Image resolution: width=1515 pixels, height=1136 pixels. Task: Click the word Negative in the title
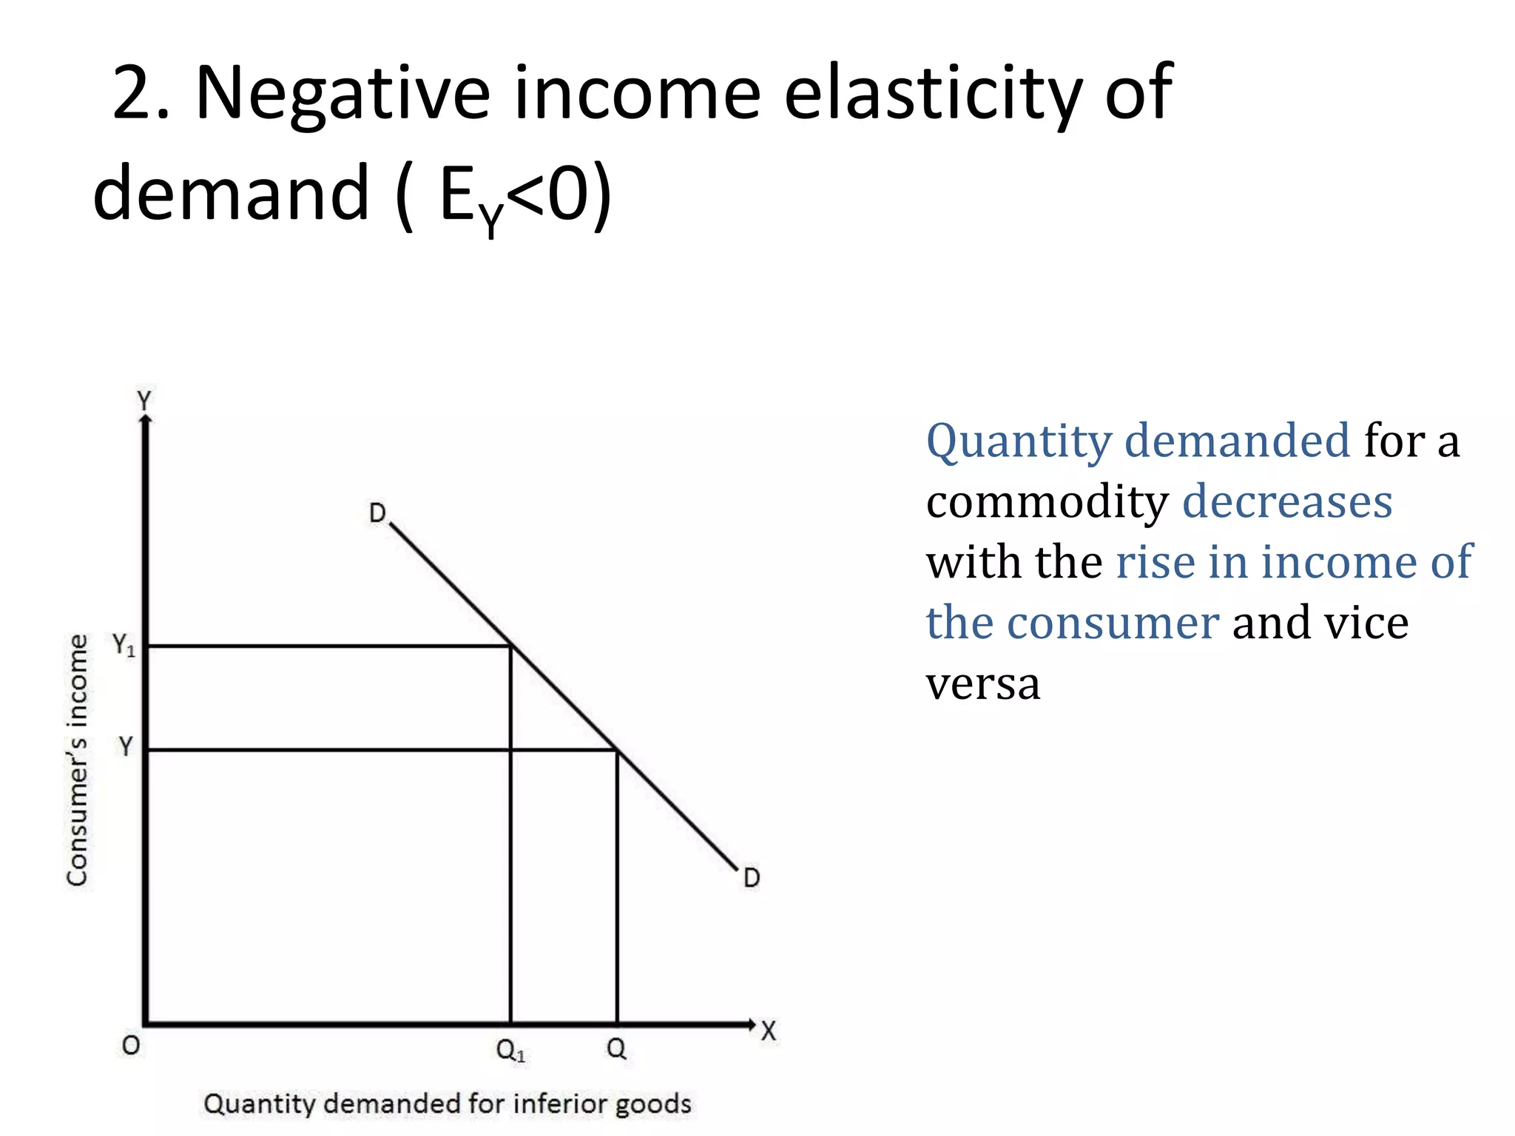(x=343, y=94)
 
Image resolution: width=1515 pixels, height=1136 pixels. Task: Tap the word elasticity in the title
(x=933, y=94)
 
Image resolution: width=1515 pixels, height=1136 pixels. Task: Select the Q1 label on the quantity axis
(x=510, y=1049)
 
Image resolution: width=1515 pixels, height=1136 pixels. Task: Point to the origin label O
(x=131, y=1045)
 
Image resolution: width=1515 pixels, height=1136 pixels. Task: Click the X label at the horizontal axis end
(x=769, y=1031)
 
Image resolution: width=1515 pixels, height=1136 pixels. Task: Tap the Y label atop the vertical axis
(x=144, y=400)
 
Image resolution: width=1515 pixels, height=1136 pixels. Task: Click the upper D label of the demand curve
(x=377, y=513)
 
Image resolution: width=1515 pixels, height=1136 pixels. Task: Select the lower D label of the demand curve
(x=752, y=878)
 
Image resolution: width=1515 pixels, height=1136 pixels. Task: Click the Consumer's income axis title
(x=77, y=760)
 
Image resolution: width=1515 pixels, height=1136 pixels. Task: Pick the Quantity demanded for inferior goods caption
(x=448, y=1103)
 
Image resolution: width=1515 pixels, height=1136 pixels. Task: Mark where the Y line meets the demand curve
(x=617, y=750)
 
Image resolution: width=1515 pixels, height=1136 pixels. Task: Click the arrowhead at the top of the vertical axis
(x=146, y=420)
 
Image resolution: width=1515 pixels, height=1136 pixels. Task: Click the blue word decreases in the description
(x=1287, y=501)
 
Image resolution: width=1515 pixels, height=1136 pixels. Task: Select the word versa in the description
(x=983, y=683)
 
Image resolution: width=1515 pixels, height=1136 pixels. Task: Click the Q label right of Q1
(x=616, y=1048)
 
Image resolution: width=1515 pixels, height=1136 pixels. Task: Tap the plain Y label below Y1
(x=126, y=745)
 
